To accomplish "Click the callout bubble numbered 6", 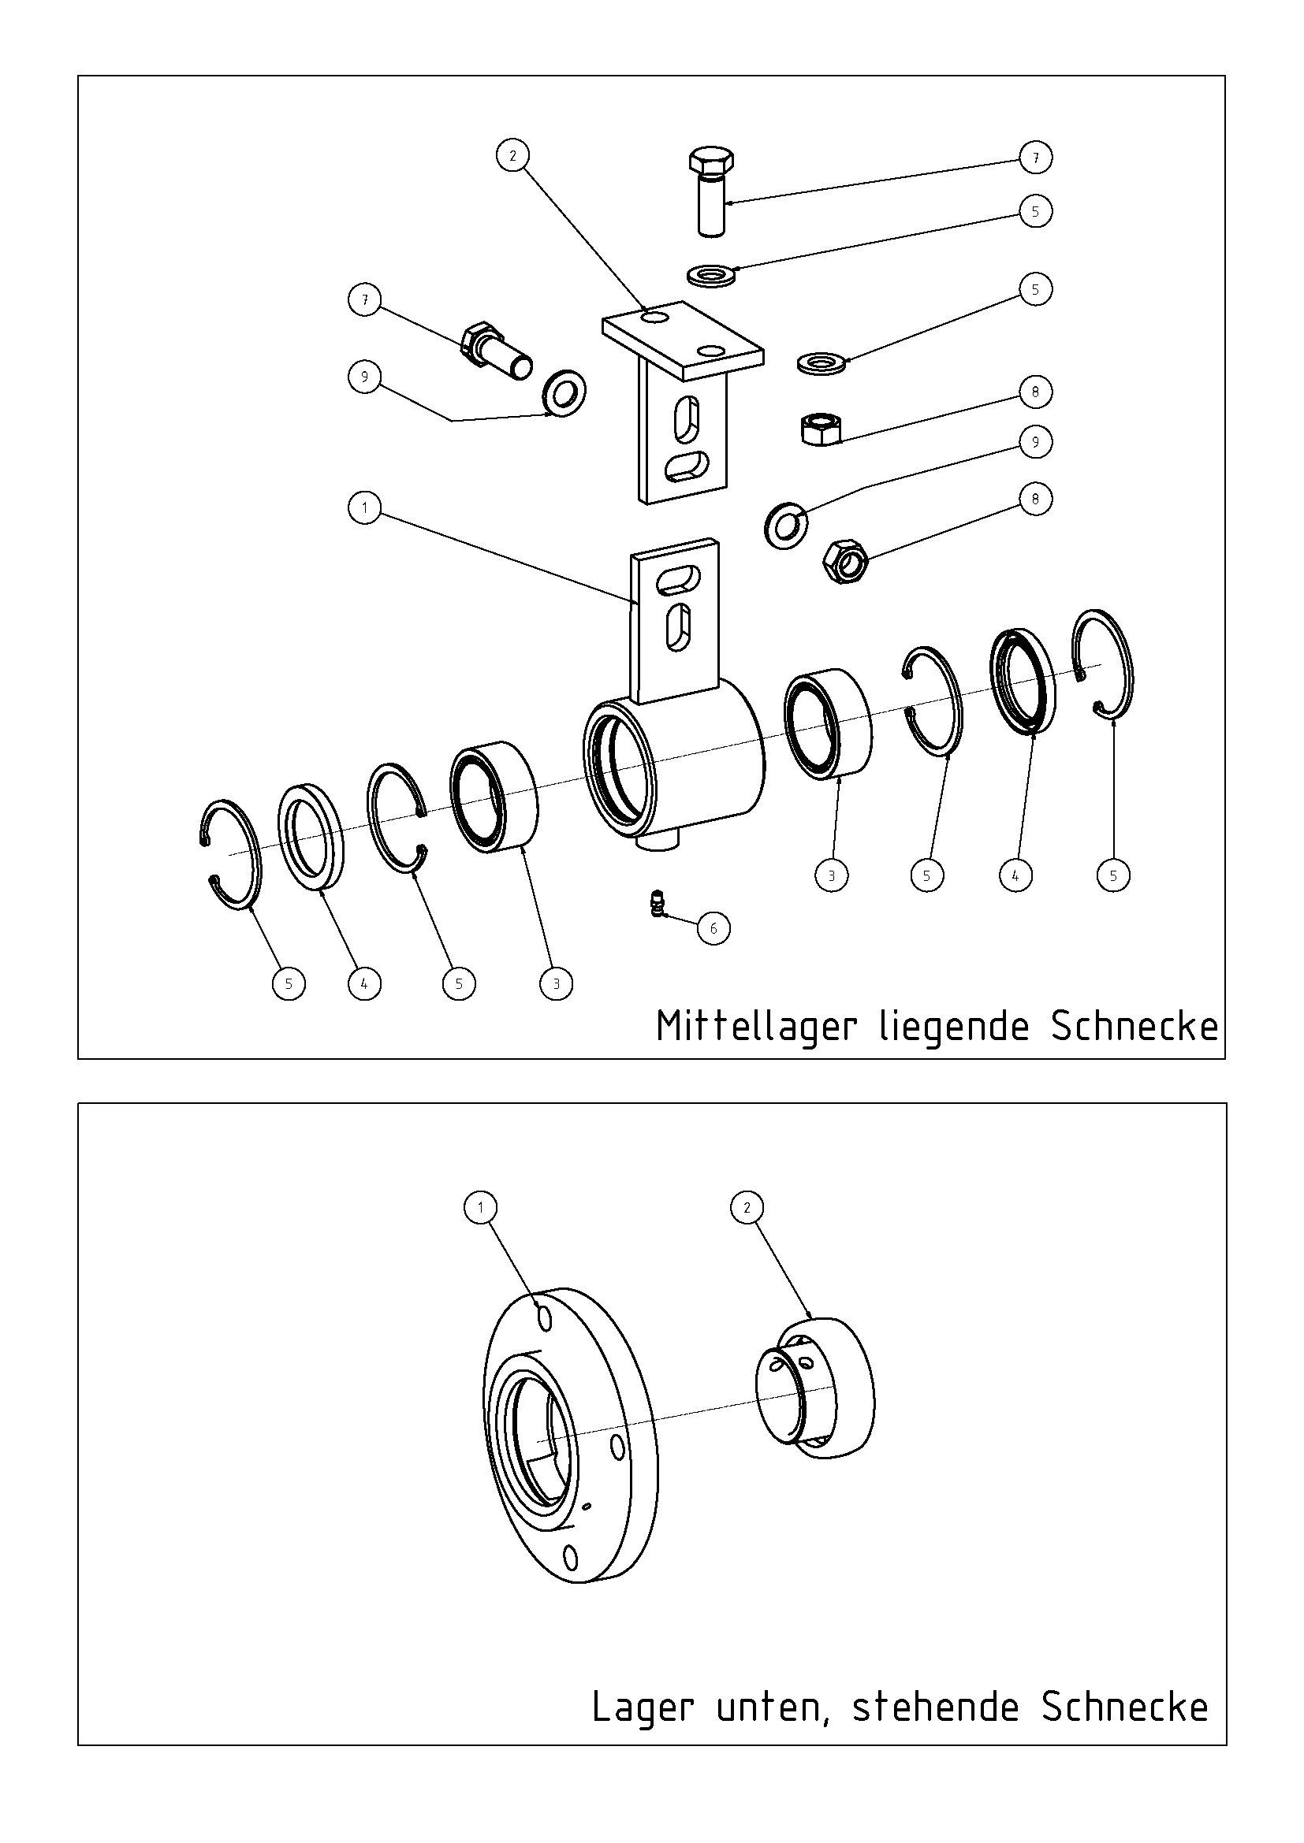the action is pyautogui.click(x=713, y=929).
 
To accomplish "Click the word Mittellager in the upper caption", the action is pyautogui.click(x=756, y=1028).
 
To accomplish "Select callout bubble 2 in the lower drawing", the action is pyautogui.click(x=747, y=1207).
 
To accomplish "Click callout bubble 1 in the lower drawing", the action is pyautogui.click(x=481, y=1207).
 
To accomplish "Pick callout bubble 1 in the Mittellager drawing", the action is pyautogui.click(x=365, y=508).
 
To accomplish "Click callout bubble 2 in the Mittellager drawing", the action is pyautogui.click(x=513, y=155).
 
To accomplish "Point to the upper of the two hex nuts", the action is pyautogui.click(x=822, y=428).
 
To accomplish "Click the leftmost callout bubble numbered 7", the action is pyautogui.click(x=365, y=300).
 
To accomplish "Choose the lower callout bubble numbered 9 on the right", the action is pyautogui.click(x=1035, y=442).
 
